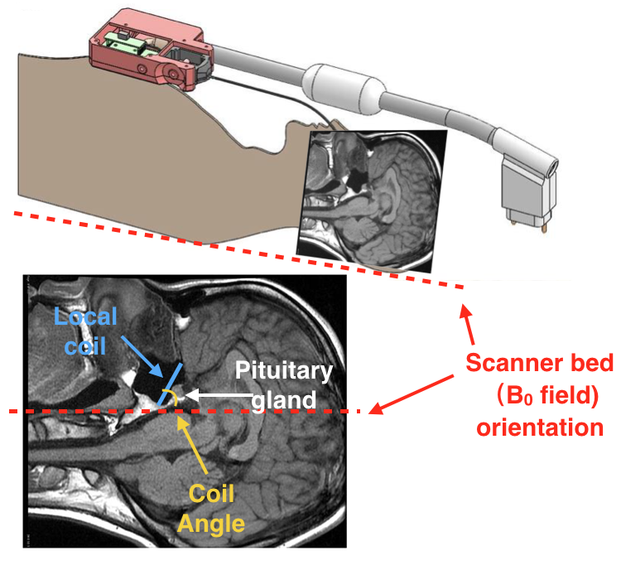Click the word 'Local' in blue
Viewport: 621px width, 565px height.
coord(85,317)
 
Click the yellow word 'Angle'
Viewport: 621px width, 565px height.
coord(211,524)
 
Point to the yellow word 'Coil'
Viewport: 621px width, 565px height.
coord(211,495)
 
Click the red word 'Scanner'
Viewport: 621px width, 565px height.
coord(506,364)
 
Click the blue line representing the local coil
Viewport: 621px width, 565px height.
coord(169,385)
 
